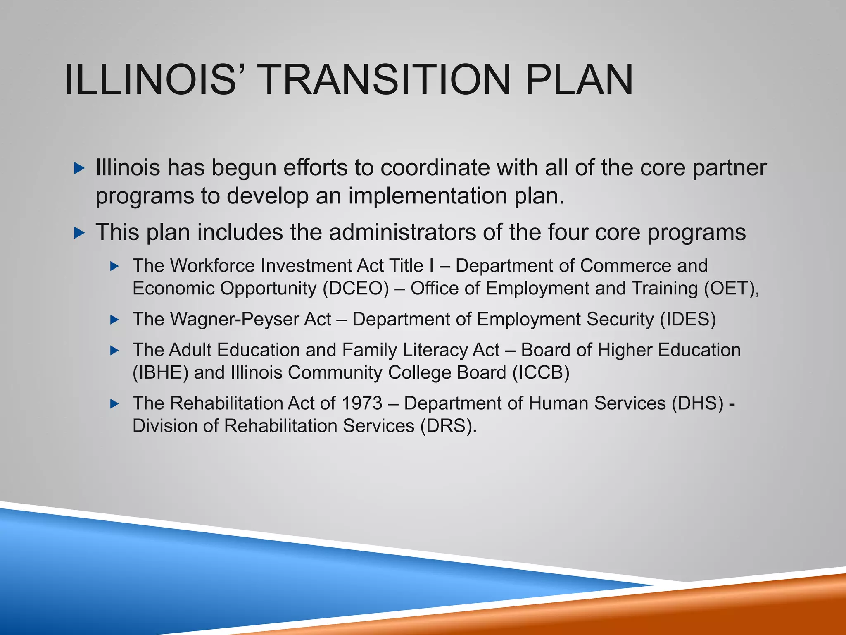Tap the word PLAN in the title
click(x=579, y=79)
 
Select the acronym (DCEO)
click(x=356, y=289)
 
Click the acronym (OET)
click(x=730, y=289)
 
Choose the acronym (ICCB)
click(x=541, y=373)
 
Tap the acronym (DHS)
click(x=698, y=403)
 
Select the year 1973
click(x=362, y=403)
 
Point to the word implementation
click(x=428, y=196)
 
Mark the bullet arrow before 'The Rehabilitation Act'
click(x=115, y=404)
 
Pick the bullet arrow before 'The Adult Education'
click(x=115, y=351)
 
